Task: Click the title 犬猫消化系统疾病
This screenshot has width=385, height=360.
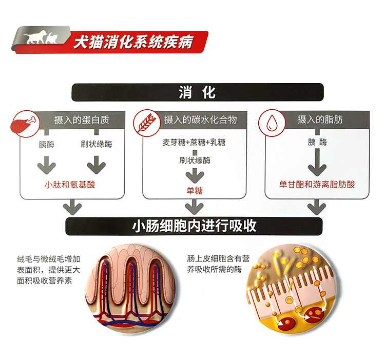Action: tap(133, 42)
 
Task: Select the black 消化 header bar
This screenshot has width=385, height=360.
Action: tap(197, 93)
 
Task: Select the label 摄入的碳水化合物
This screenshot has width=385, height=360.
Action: tap(200, 120)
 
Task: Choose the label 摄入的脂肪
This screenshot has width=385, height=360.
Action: tap(320, 120)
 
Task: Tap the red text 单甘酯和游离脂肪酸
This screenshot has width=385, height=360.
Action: tap(317, 184)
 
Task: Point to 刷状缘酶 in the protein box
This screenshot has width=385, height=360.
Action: tap(96, 144)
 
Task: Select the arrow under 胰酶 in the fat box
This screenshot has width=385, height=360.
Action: tap(317, 164)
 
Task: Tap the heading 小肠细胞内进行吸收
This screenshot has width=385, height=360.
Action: tap(194, 226)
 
